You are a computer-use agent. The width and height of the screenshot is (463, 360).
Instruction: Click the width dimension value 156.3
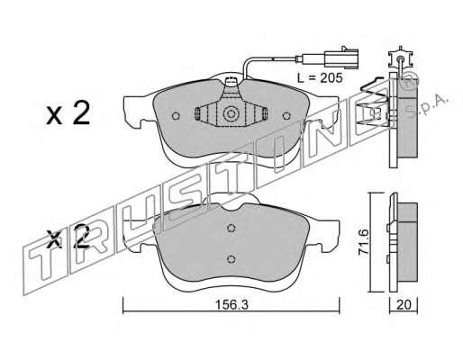(231, 305)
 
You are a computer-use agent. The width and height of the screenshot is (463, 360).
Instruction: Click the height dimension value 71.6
(363, 242)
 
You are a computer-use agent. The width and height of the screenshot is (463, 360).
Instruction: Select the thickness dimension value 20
(404, 305)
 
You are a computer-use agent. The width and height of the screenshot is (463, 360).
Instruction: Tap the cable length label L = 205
(320, 78)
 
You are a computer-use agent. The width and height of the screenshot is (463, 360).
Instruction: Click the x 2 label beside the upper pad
(68, 113)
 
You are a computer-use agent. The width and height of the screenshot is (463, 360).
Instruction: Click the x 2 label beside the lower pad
(68, 237)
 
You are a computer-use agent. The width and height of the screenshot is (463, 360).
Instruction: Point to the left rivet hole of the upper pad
(176, 115)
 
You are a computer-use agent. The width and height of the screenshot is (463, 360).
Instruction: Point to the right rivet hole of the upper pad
(286, 115)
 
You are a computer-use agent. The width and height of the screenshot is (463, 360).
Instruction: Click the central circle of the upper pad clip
(231, 113)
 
